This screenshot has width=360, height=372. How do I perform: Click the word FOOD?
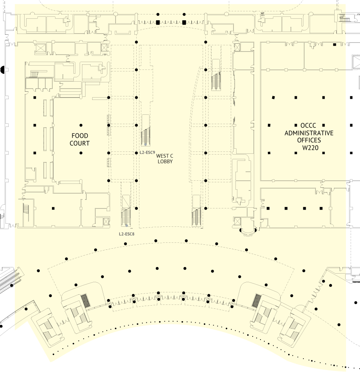click(80, 136)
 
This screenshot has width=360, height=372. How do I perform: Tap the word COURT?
click(80, 143)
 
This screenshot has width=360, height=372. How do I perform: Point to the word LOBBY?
click(165, 162)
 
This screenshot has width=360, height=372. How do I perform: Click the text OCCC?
click(308, 126)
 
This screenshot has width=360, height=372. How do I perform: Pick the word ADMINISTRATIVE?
click(309, 133)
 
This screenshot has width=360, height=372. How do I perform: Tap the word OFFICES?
click(309, 140)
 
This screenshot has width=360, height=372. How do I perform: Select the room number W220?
click(310, 148)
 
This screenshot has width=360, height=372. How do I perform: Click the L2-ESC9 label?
click(147, 153)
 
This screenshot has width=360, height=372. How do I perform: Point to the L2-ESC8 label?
click(127, 234)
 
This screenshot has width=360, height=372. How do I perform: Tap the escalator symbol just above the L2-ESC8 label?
click(126, 217)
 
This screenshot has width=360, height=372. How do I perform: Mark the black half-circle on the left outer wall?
click(2, 70)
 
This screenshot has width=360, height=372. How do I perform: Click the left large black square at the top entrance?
click(158, 23)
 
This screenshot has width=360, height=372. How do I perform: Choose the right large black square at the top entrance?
click(184, 23)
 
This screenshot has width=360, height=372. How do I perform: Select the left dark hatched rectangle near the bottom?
click(86, 300)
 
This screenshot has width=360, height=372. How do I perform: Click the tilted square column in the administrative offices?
click(273, 97)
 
